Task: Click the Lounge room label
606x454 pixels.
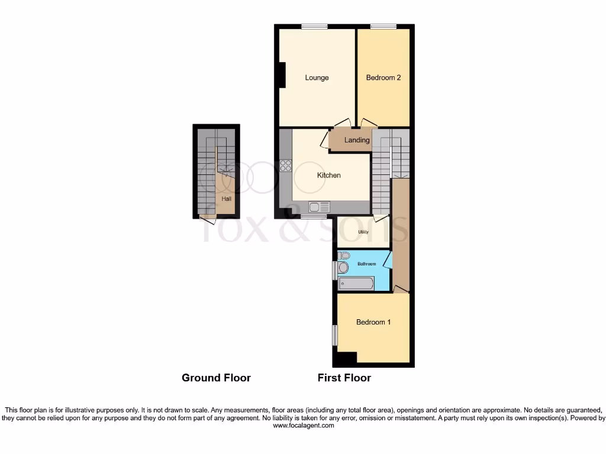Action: (317, 77)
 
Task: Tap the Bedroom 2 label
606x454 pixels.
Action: (383, 77)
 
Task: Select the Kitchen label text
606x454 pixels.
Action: (328, 176)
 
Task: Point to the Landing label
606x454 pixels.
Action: (357, 140)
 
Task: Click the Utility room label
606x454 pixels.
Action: (363, 232)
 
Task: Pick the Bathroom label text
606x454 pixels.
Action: (366, 264)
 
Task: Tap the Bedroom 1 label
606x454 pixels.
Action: (373, 322)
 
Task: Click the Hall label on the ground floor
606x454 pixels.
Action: (226, 199)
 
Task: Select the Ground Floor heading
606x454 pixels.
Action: (216, 378)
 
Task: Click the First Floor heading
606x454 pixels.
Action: (344, 378)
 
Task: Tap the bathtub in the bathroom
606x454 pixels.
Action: (356, 284)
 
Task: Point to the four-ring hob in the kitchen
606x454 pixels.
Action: (285, 166)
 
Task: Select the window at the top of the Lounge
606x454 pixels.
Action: (314, 26)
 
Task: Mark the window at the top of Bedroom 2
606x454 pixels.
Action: (383, 26)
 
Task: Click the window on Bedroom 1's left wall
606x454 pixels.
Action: (334, 335)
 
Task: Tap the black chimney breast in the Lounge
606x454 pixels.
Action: (282, 75)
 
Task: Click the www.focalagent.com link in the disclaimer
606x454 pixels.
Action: (302, 425)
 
